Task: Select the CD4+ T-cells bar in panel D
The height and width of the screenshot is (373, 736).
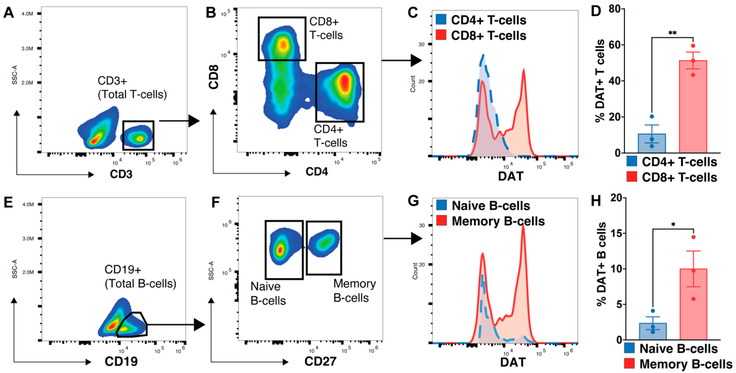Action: [652, 143]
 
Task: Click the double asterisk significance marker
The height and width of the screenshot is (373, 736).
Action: [672, 33]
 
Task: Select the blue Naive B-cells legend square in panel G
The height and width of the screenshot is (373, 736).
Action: [441, 205]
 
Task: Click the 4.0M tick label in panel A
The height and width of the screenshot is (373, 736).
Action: [28, 14]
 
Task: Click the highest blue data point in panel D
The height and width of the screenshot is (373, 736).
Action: [652, 117]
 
